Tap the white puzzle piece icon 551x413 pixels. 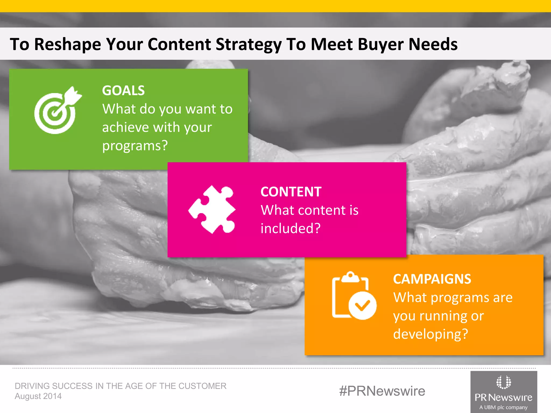pos(212,209)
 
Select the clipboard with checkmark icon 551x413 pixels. pos(354,296)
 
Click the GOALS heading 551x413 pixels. pos(123,90)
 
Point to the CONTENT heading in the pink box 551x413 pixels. pos(291,192)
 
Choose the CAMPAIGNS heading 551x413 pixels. pos(432,279)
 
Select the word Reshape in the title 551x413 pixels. pos(68,44)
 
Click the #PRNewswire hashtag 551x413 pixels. pos(382,391)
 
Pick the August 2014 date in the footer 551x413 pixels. pos(38,396)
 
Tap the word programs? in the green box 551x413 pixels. pos(135,146)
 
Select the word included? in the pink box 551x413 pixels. pos(291,228)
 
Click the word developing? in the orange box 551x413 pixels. pos(430,334)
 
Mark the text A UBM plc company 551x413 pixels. pos(503,407)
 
